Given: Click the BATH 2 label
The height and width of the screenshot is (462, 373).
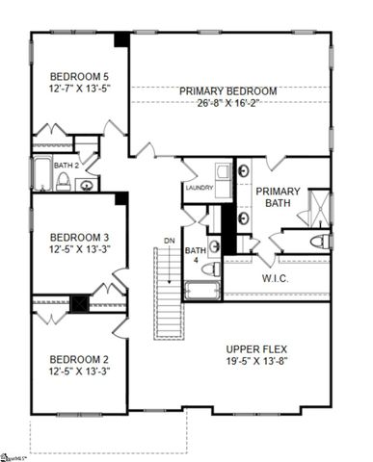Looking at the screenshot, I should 67,166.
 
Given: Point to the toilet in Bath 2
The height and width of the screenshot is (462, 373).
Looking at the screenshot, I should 65,182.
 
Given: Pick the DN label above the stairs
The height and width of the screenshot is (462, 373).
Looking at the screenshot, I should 169,241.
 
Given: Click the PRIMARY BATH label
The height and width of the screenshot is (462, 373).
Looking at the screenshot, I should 279,197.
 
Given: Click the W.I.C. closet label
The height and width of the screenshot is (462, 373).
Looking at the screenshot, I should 276,279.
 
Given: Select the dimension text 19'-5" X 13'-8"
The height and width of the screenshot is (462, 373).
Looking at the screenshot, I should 257,363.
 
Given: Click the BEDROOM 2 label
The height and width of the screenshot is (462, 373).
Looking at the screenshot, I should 80,361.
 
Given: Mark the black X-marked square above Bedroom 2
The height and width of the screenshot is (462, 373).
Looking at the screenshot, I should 83,301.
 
